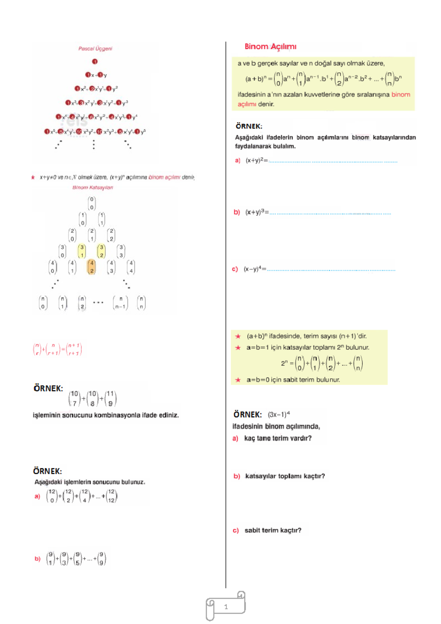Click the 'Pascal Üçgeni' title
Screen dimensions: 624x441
[x=95, y=49]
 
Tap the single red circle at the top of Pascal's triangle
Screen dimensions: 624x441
[x=95, y=61]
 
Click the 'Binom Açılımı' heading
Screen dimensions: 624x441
[x=270, y=47]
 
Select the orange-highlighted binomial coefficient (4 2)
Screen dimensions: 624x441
[x=92, y=267]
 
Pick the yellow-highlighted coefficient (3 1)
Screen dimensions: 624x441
[x=82, y=251]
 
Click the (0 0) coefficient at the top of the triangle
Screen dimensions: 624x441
[x=92, y=203]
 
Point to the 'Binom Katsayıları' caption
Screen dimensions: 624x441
[x=93, y=187]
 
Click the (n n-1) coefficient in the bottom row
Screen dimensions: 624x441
[x=121, y=303]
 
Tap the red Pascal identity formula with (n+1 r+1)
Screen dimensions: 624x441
[x=57, y=349]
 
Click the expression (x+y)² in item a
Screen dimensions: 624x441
[x=257, y=160]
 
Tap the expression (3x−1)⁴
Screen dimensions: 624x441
[x=279, y=415]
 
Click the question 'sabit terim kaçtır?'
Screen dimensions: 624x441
[x=273, y=530]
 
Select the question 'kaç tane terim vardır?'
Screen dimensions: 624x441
[x=278, y=438]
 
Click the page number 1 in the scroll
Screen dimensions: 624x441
[x=226, y=607]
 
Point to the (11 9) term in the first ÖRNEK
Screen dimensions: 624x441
[x=110, y=398]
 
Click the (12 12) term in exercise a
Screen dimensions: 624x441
[x=111, y=496]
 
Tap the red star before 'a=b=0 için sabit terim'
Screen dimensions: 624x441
[x=238, y=380]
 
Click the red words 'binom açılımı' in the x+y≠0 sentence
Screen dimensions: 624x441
[x=164, y=177]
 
